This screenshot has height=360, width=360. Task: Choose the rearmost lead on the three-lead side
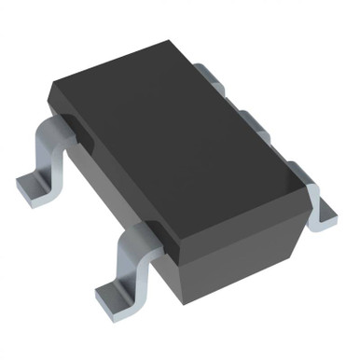(x=210, y=71)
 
